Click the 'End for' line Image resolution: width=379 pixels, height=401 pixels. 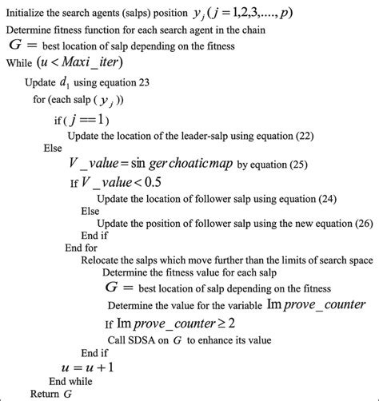[x=82, y=247]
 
